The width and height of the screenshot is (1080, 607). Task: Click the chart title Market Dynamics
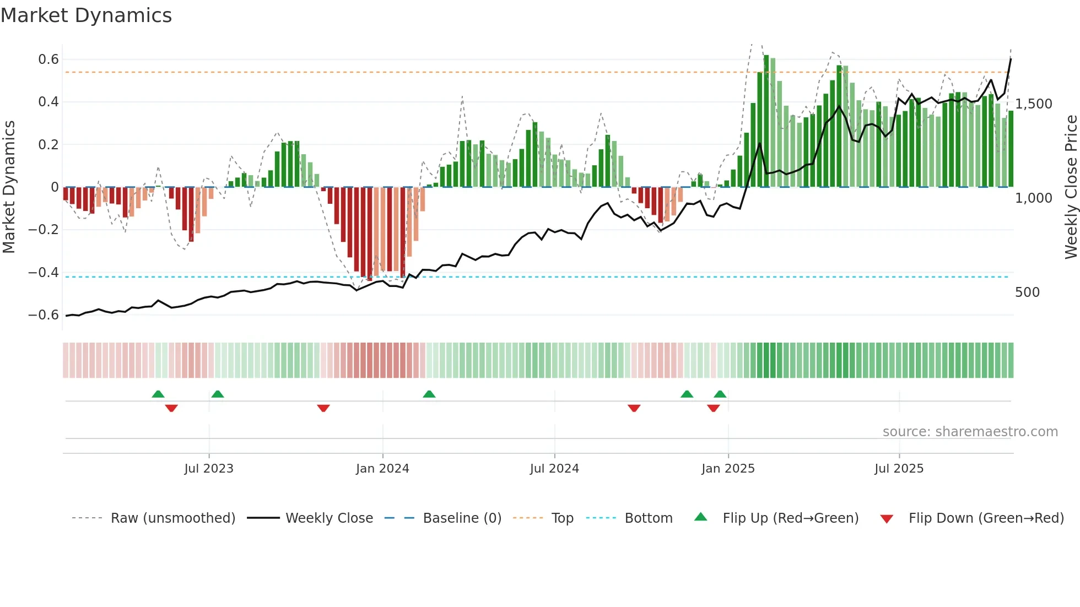pyautogui.click(x=86, y=15)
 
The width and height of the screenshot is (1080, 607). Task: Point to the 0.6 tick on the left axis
pyautogui.click(x=48, y=59)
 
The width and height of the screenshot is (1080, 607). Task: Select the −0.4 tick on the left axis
pyautogui.click(x=44, y=273)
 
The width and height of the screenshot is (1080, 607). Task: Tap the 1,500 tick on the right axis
pyautogui.click(x=1033, y=104)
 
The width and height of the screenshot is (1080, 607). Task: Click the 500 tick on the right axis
pyautogui.click(x=1027, y=292)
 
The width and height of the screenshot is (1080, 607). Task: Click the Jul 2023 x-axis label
pyautogui.click(x=209, y=469)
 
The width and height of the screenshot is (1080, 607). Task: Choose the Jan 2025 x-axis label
pyautogui.click(x=728, y=469)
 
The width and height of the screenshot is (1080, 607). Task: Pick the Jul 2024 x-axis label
pyautogui.click(x=554, y=469)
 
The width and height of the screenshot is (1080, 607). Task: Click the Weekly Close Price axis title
pyautogui.click(x=1071, y=187)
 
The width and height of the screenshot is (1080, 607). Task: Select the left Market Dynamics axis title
pyautogui.click(x=9, y=187)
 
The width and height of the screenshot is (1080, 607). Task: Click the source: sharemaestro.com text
pyautogui.click(x=970, y=432)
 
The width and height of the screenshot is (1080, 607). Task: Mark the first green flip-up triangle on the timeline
pyautogui.click(x=158, y=394)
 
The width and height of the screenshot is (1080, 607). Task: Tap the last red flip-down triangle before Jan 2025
pyautogui.click(x=714, y=408)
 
